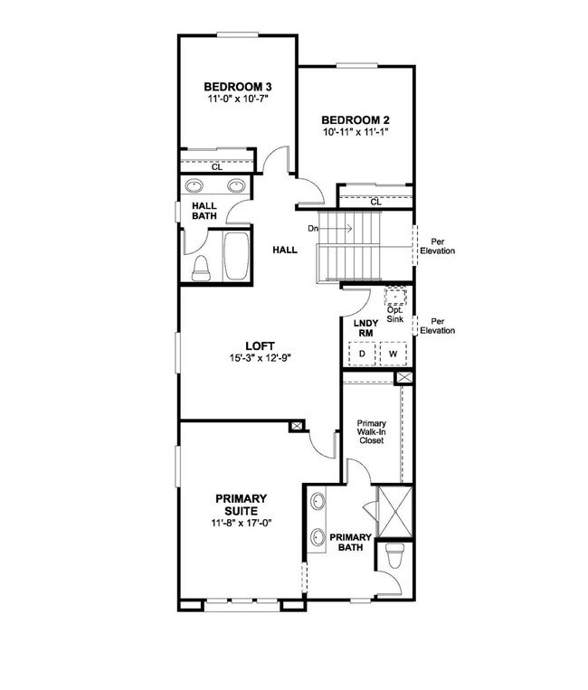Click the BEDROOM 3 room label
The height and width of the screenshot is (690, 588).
click(238, 86)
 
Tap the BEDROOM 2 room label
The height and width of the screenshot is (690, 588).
click(356, 119)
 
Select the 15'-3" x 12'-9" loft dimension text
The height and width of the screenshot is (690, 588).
click(261, 358)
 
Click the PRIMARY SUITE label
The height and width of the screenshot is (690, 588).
click(242, 505)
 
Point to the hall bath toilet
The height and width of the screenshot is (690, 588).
click(201, 268)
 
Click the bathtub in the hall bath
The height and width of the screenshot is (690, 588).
click(236, 256)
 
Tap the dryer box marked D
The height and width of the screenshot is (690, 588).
click(362, 354)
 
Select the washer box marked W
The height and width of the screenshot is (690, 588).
click(393, 354)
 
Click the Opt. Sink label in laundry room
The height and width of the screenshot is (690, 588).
click(394, 314)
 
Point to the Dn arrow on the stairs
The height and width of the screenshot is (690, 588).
click(330, 229)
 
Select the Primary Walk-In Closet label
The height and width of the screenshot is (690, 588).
click(372, 431)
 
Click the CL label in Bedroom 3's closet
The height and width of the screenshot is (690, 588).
click(217, 167)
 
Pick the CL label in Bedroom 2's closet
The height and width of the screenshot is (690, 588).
click(375, 202)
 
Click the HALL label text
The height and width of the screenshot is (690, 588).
click(285, 250)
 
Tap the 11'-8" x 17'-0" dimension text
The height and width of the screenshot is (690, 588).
click(242, 523)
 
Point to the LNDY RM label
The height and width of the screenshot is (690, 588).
click(365, 328)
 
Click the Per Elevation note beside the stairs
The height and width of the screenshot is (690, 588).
click(438, 246)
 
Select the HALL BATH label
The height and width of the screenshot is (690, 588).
click(204, 211)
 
